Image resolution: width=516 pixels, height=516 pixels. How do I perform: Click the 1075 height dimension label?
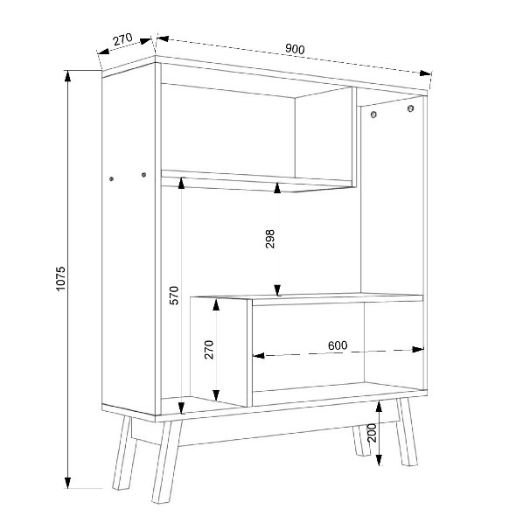(61, 279)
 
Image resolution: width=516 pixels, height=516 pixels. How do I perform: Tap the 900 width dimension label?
(295, 49)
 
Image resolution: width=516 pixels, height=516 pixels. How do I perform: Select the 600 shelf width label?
(338, 345)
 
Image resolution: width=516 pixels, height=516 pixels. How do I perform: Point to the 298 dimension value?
(270, 239)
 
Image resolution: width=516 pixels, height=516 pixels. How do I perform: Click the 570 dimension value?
(174, 296)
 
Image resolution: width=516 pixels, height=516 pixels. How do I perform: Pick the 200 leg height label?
(372, 433)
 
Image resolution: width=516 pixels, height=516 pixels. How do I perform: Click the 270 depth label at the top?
(122, 39)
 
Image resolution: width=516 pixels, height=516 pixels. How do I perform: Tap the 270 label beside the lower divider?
(209, 350)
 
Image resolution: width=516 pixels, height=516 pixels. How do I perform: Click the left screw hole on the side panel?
(111, 179)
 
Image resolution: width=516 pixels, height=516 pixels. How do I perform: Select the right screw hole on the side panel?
(143, 175)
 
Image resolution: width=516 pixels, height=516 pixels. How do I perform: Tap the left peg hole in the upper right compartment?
(373, 115)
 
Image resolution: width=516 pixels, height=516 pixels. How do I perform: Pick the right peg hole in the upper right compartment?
(410, 108)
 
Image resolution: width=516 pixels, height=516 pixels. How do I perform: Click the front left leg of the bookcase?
(167, 461)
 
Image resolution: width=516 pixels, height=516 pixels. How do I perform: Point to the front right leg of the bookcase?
(407, 432)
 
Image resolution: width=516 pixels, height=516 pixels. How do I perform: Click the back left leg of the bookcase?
(124, 453)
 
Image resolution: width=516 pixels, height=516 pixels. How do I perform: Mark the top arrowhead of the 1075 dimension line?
(67, 76)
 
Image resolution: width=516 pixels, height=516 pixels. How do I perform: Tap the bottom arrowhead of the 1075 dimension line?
(67, 483)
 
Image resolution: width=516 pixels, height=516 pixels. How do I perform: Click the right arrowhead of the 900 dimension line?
(425, 73)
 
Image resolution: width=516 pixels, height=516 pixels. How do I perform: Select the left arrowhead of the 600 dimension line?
(259, 355)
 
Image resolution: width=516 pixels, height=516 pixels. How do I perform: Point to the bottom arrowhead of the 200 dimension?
(379, 460)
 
